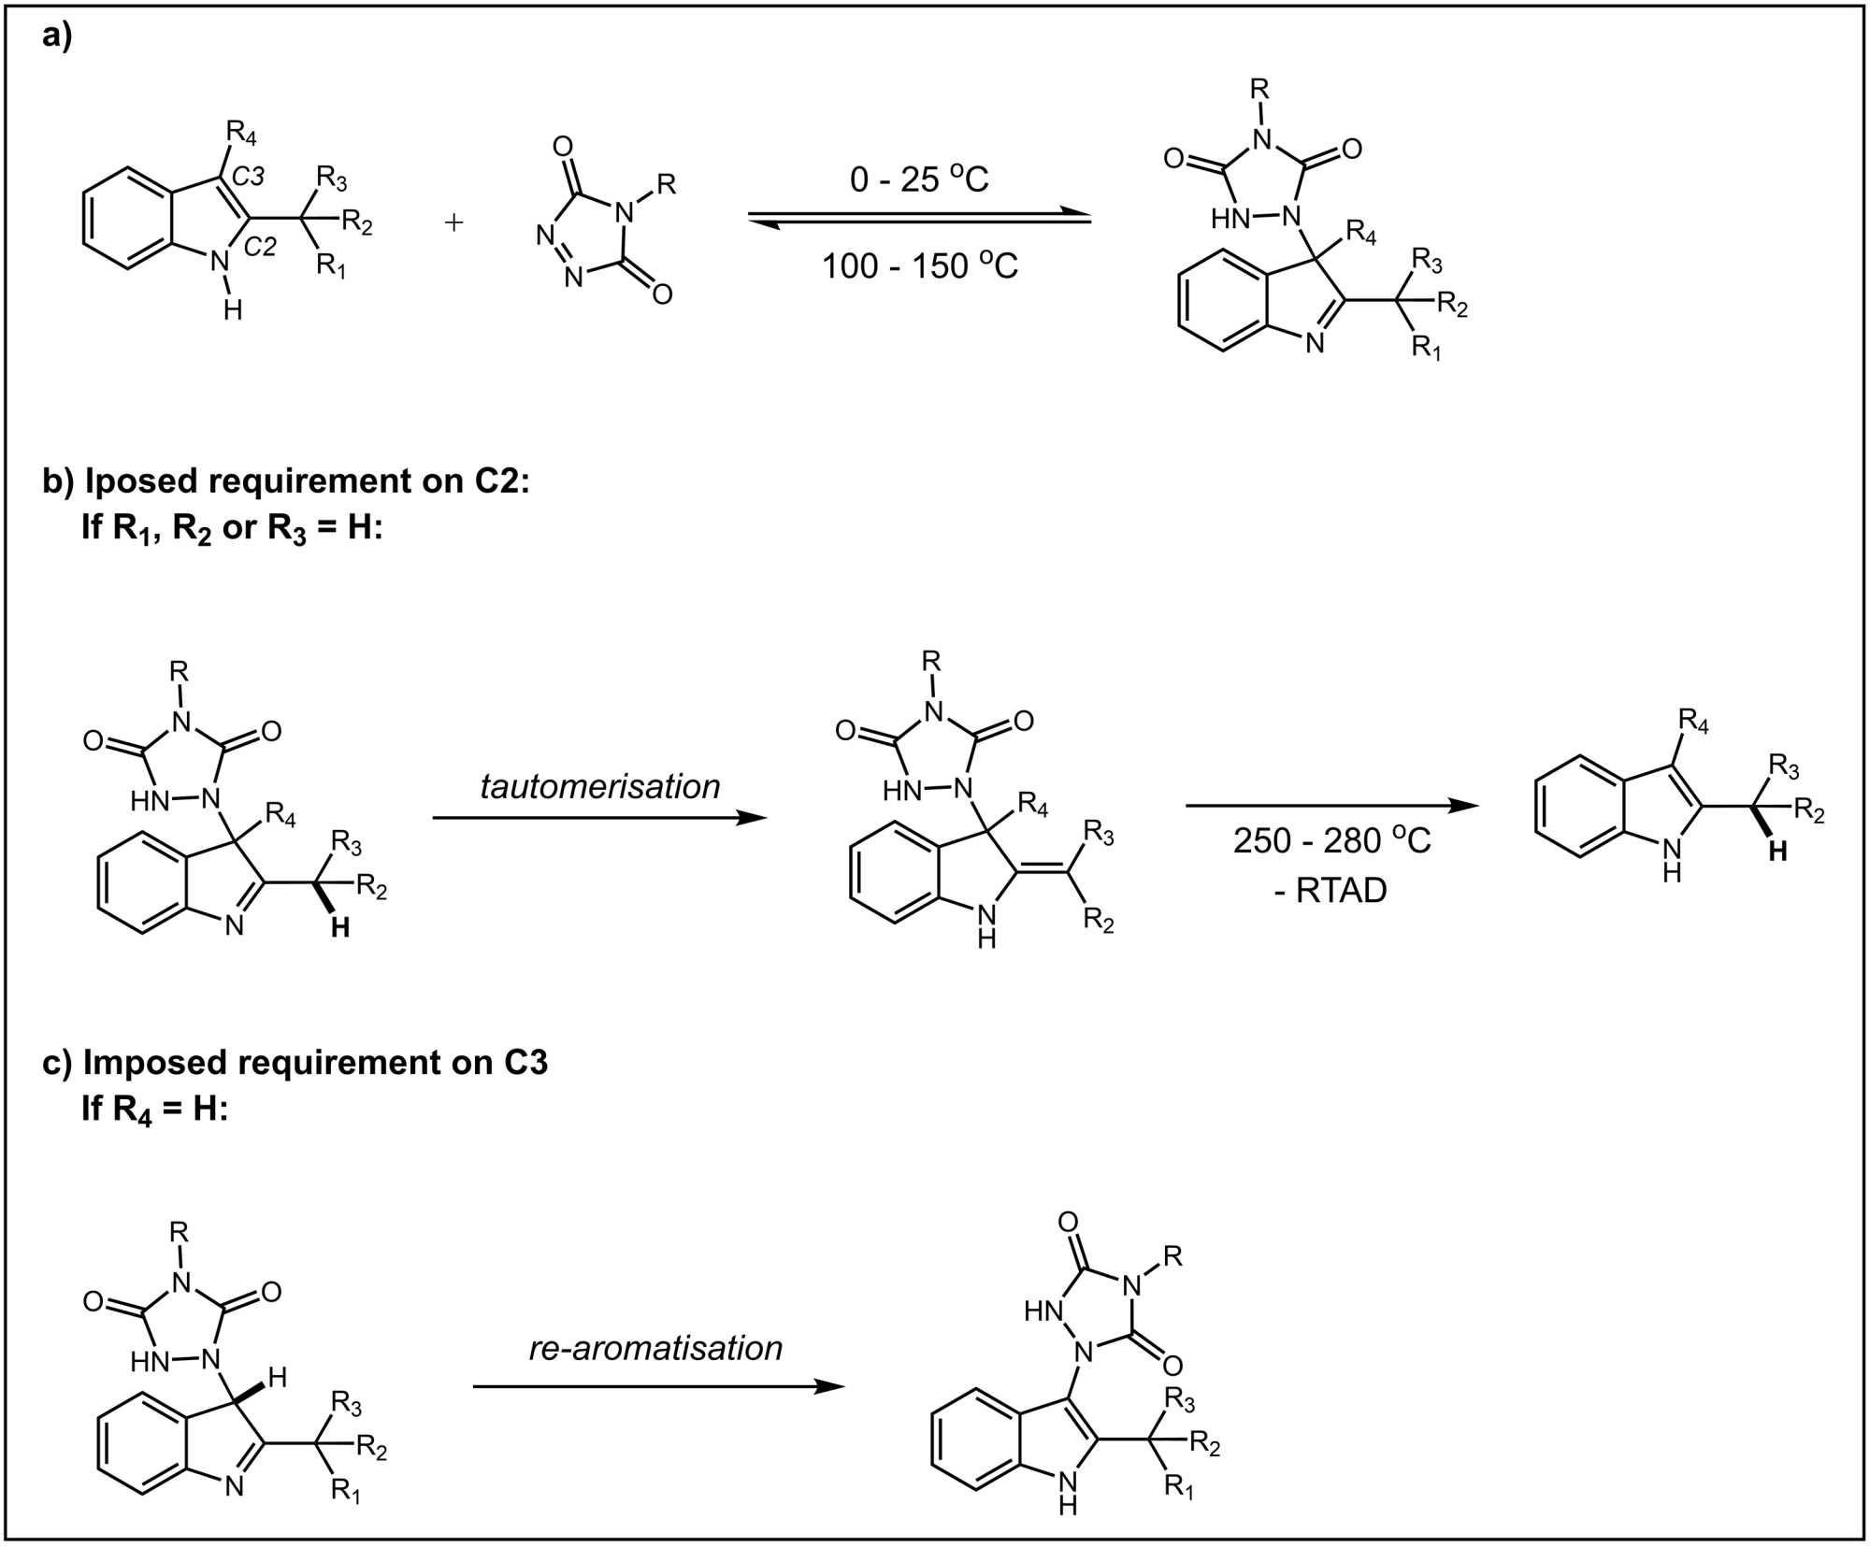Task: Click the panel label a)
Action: [57, 37]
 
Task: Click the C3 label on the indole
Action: [248, 176]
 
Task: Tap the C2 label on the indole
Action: [260, 247]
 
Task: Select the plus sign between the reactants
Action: [453, 222]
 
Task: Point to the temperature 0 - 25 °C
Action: [918, 178]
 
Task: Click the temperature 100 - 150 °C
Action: [918, 265]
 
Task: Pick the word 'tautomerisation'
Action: [600, 786]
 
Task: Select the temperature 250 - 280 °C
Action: [1331, 840]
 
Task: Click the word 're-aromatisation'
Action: [655, 1348]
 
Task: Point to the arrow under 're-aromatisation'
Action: [658, 1386]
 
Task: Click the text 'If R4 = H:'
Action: [154, 1109]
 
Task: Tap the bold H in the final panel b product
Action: [1777, 852]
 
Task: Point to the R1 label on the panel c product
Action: [1178, 1487]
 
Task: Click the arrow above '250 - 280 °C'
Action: [1331, 806]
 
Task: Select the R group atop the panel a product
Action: [1259, 90]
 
